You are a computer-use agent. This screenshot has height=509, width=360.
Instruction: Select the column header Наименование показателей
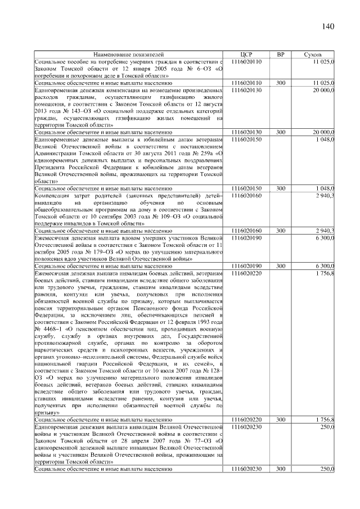click(129, 55)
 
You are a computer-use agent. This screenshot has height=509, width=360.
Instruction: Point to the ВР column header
click(281, 55)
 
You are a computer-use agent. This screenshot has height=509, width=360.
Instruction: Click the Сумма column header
click(313, 55)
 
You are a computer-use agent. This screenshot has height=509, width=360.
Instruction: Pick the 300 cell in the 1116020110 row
click(281, 83)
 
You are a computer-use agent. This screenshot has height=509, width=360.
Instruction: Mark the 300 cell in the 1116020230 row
click(281, 469)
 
